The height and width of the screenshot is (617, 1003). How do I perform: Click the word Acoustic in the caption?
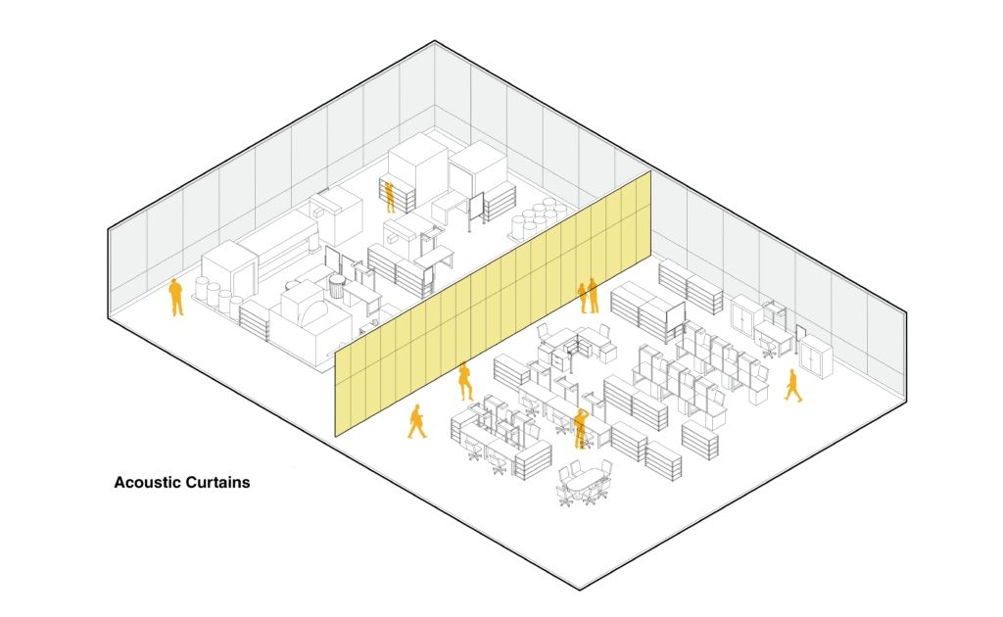[x=148, y=483]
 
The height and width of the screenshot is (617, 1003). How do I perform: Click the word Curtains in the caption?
[x=217, y=483]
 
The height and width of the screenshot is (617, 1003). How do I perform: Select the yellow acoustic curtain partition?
[x=490, y=304]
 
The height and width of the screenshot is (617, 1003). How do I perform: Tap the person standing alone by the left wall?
[x=176, y=298]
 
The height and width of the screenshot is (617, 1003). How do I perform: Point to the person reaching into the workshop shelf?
[x=389, y=196]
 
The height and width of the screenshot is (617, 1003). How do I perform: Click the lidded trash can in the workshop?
[x=337, y=286]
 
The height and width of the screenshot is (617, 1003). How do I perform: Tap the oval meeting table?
[x=584, y=482]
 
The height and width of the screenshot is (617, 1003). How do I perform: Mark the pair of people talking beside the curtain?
[x=588, y=296]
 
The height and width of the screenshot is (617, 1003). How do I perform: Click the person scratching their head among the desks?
[x=580, y=427]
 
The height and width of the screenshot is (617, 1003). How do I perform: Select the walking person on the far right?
[x=792, y=386]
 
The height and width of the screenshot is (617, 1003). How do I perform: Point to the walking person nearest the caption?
[x=417, y=422]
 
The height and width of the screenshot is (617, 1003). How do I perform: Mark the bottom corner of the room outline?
[x=581, y=590]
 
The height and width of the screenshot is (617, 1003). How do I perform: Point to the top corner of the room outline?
[x=434, y=41]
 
